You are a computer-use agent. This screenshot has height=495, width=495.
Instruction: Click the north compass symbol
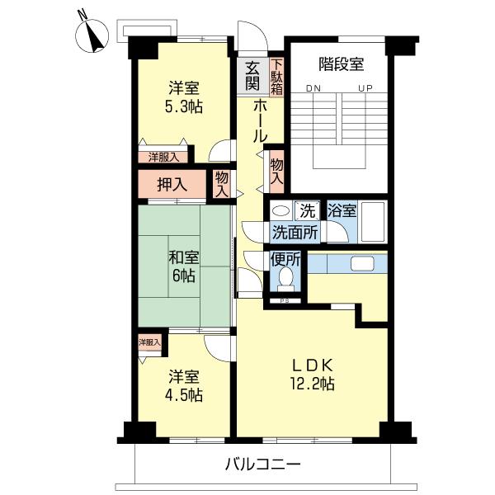[92, 34]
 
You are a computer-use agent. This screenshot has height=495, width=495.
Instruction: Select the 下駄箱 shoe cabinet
[276, 77]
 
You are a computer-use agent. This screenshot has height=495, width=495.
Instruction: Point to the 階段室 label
[341, 64]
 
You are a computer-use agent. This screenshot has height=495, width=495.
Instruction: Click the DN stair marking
[313, 88]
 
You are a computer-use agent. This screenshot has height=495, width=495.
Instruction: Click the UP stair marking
[365, 88]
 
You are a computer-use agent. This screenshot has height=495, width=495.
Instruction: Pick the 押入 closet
[172, 184]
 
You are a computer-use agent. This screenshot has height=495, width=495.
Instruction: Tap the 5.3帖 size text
[184, 107]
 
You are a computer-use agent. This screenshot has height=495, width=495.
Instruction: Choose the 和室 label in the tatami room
[184, 257]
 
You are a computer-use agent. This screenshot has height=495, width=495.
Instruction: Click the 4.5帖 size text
[184, 395]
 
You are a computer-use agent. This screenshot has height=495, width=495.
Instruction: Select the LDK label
[312, 365]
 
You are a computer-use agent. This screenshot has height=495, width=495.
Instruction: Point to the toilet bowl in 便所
[285, 279]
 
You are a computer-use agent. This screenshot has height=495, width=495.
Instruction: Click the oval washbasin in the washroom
[281, 210]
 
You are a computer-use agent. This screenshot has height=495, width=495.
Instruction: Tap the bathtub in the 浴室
[373, 222]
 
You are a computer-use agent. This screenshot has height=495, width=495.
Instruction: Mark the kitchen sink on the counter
[362, 264]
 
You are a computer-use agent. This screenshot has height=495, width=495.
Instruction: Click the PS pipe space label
[285, 300]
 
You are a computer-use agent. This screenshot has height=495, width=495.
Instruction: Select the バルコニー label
[262, 464]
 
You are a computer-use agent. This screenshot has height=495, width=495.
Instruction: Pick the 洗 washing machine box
[308, 210]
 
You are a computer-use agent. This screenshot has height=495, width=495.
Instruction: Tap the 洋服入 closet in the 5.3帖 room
[163, 157]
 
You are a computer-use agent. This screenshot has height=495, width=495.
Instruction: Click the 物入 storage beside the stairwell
[277, 172]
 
